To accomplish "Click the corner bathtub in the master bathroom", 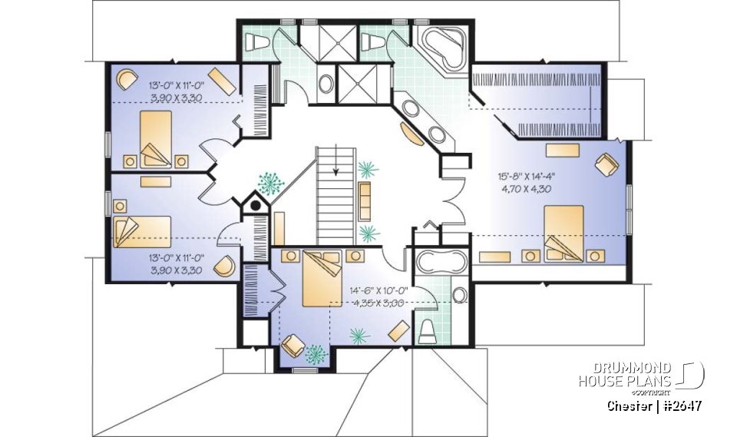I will [x=443, y=45].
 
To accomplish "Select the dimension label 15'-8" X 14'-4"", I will [x=526, y=175].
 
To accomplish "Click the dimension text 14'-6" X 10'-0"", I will [x=378, y=291].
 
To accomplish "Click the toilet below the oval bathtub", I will [x=428, y=331].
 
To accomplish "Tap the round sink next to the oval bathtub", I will [x=459, y=295].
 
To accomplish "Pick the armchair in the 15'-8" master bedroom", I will [x=605, y=164].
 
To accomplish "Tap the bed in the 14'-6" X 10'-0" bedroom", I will [x=322, y=279].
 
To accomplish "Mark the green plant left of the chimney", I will [x=270, y=183].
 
